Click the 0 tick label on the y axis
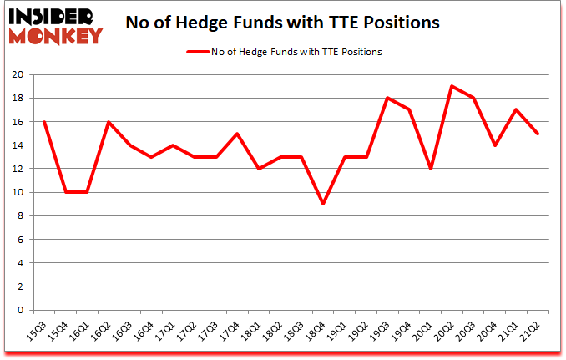tap(20, 310)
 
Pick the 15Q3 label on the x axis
tap(38, 331)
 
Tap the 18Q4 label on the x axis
tap(318, 331)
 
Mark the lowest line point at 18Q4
tap(322, 204)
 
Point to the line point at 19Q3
tap(387, 98)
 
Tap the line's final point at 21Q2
tap(538, 133)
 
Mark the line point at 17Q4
tap(236, 133)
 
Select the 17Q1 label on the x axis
tap(167, 331)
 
